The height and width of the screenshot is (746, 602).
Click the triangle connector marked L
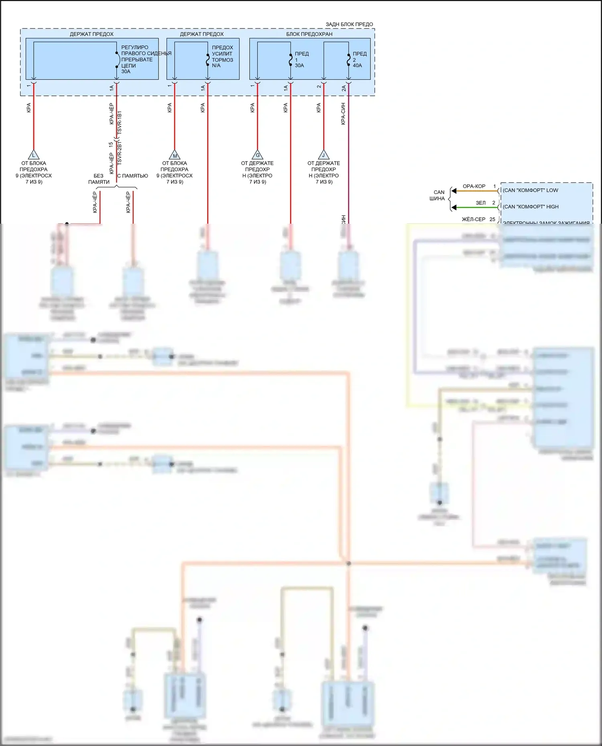[x=34, y=155]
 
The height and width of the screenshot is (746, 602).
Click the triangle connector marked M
[x=175, y=155]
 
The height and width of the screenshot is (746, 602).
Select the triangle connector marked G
[x=257, y=155]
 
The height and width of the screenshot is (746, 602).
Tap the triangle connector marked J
[x=323, y=155]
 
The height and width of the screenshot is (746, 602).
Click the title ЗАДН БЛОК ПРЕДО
[x=349, y=24]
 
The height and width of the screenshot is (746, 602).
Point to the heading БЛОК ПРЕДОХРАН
[x=309, y=34]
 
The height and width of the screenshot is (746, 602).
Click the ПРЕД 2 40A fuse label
[x=359, y=59]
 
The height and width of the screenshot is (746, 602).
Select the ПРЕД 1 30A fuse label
[x=301, y=59]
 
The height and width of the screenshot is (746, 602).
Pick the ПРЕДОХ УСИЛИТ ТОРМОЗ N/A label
[x=222, y=57]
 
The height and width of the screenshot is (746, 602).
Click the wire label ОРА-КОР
[x=474, y=186]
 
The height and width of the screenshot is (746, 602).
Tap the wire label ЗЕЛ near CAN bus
[x=480, y=203]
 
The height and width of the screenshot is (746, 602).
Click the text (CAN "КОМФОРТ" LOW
[x=530, y=190]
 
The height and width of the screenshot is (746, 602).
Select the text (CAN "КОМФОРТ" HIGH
[x=531, y=207]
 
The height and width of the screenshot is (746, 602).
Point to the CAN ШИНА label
[x=438, y=196]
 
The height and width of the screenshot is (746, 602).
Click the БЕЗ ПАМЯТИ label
[x=99, y=179]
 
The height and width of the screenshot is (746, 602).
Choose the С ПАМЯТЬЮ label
[x=132, y=176]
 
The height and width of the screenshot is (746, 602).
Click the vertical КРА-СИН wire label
[x=343, y=114]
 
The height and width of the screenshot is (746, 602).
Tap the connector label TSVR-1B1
[x=119, y=123]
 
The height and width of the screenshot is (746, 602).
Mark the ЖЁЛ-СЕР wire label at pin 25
[x=474, y=219]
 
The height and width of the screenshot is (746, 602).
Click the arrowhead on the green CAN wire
[x=454, y=207]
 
